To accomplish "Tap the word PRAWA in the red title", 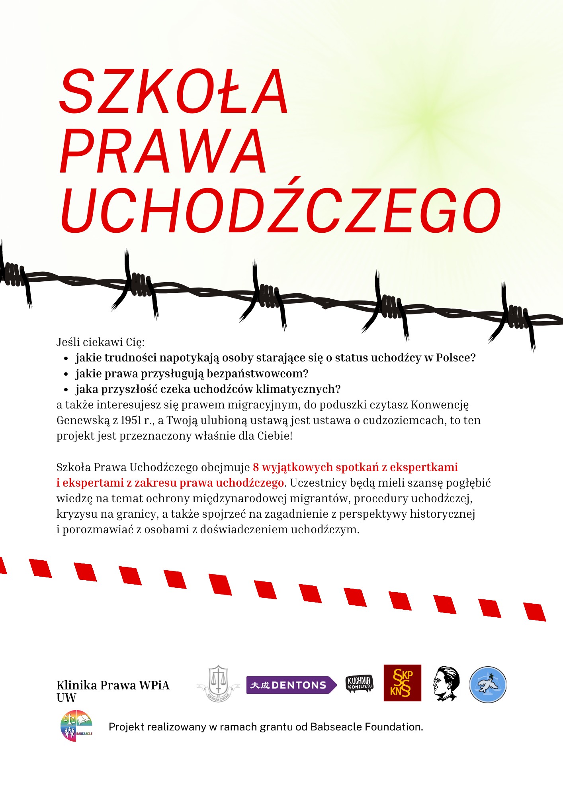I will point(163,151).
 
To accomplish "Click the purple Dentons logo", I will point(291,685).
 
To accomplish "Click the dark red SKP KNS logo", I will point(402,683).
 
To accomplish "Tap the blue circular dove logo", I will point(488,684).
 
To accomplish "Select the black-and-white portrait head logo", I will point(446,683).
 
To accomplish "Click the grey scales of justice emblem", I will point(218,683).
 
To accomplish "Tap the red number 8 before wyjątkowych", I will point(256,467).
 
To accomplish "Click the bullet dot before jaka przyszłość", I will point(66,390).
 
